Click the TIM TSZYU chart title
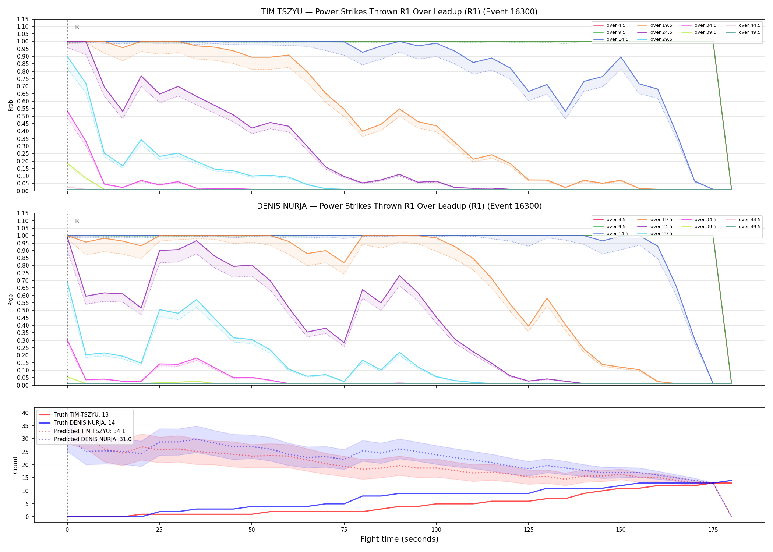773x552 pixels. click(399, 12)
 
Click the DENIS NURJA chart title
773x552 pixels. click(399, 206)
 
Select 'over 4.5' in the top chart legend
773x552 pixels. click(616, 25)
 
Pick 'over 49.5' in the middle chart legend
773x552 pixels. click(749, 227)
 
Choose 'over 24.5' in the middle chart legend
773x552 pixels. click(661, 227)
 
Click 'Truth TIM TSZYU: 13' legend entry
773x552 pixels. click(81, 415)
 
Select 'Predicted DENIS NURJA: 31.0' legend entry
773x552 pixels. click(93, 439)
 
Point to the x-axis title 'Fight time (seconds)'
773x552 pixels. click(399, 539)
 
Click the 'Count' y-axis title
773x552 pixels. click(15, 465)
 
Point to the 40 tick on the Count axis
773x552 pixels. click(25, 413)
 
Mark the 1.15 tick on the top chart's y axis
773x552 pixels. click(23, 19)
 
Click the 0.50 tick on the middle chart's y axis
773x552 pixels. click(23, 311)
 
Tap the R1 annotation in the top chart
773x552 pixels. click(79, 27)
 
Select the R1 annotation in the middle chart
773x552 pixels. click(79, 221)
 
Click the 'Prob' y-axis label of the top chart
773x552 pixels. click(11, 106)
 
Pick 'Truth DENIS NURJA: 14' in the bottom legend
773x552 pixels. click(84, 423)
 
